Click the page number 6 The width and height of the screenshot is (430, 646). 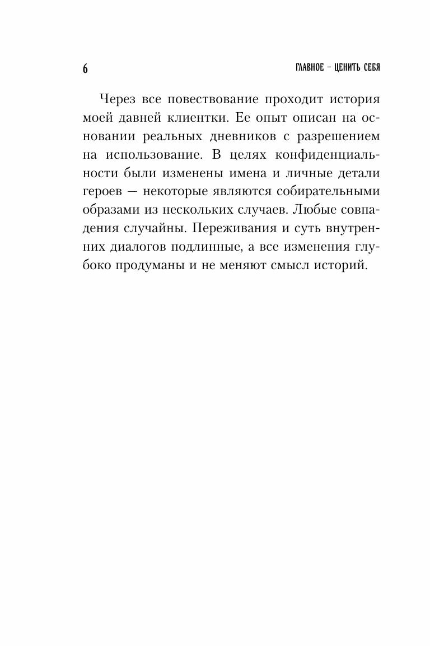tap(85, 68)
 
